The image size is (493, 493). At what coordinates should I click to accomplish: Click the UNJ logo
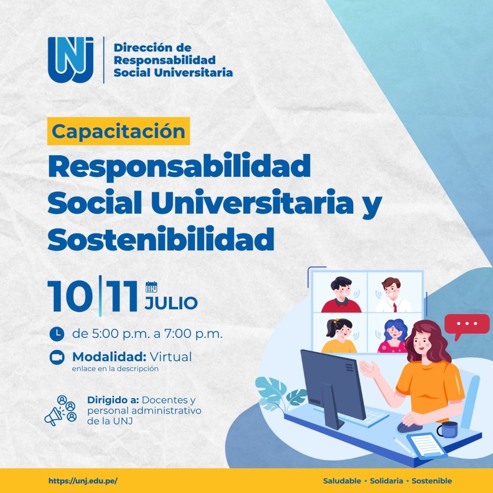[x=71, y=60]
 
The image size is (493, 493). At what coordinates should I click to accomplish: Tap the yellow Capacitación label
[x=118, y=131]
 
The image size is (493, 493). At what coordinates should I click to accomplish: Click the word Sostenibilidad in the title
[x=161, y=238]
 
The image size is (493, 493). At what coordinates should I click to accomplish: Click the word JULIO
[x=171, y=303]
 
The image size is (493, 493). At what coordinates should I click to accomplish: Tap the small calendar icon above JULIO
[x=151, y=287]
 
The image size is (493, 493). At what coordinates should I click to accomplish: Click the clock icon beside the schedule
[x=57, y=334]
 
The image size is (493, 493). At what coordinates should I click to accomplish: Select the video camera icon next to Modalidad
[x=57, y=357]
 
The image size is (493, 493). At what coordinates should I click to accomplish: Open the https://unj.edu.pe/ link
[x=83, y=481]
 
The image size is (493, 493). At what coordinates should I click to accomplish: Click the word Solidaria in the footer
[x=387, y=481]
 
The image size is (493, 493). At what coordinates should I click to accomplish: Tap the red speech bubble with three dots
[x=467, y=325]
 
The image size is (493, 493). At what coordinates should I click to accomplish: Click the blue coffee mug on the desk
[x=448, y=430]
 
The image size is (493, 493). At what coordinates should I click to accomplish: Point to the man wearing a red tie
[x=393, y=295]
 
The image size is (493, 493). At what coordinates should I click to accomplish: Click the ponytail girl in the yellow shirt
[x=339, y=336]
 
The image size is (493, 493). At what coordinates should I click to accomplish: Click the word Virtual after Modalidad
[x=170, y=357]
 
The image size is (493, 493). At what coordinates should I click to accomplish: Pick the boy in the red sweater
[x=341, y=295]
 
